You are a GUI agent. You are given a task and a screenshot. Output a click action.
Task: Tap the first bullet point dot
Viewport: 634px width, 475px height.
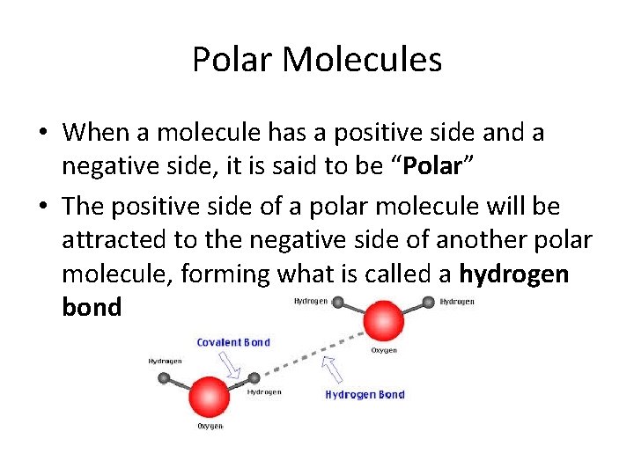tap(42, 134)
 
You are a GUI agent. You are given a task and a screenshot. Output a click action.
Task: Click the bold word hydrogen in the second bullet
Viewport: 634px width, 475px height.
tap(514, 274)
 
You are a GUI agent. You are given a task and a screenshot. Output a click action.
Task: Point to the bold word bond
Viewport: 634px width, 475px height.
tap(92, 308)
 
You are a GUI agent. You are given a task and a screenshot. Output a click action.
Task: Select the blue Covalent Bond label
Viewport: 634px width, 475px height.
tap(233, 342)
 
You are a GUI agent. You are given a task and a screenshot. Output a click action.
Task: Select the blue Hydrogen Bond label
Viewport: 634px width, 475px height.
tap(365, 395)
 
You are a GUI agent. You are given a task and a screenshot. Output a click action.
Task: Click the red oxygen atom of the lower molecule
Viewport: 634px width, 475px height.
tap(209, 396)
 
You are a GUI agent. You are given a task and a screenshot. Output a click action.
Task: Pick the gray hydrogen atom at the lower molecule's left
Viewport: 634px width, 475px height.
tap(164, 378)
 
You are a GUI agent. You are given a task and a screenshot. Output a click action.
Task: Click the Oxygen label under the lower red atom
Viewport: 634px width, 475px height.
tap(209, 427)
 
